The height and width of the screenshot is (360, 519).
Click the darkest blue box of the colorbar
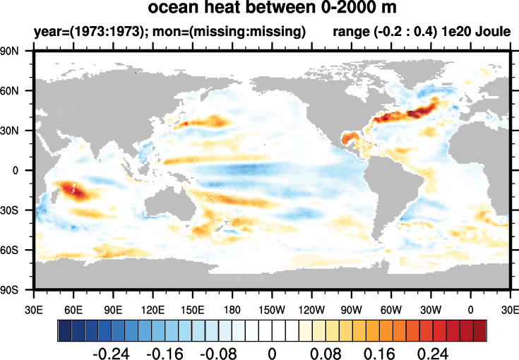(x=64, y=330)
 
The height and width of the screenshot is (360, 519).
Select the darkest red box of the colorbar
(x=480, y=330)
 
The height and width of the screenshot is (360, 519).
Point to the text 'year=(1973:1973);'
(x=82, y=32)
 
